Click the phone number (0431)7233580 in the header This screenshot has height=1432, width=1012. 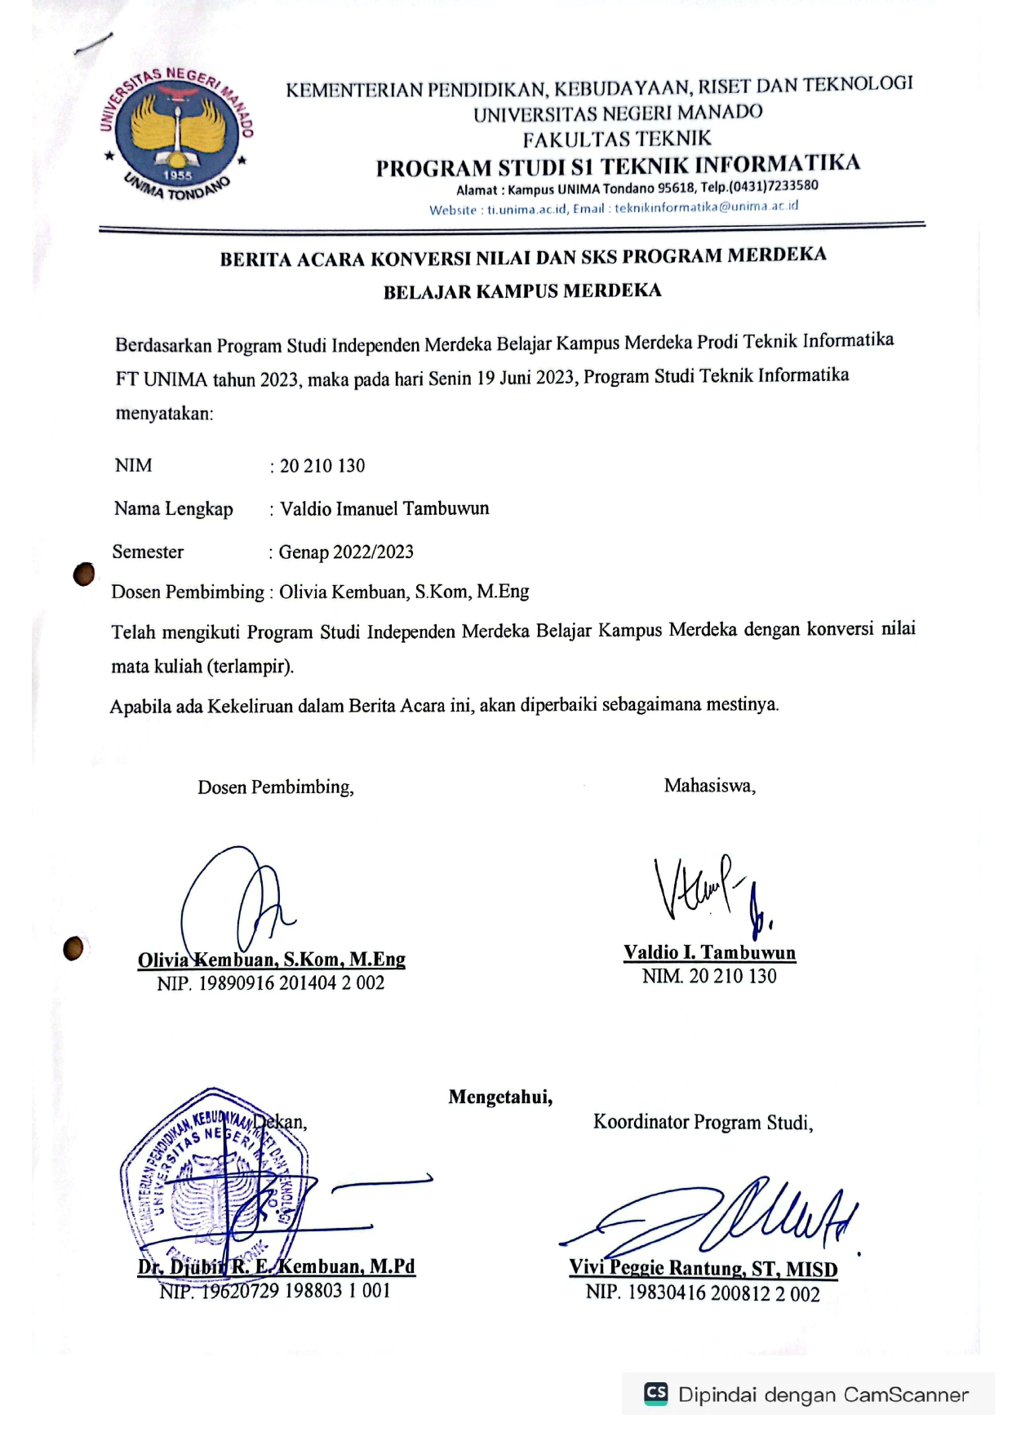coord(770,186)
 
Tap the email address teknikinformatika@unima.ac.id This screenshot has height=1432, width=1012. coord(706,207)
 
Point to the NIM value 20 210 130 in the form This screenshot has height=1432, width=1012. coord(322,466)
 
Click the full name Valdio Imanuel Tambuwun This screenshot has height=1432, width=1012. coord(384,509)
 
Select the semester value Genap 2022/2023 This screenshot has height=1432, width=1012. coord(346,552)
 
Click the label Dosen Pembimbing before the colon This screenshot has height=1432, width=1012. coord(187,592)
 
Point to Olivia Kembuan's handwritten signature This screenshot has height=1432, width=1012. coord(237,902)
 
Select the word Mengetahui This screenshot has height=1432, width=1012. coord(500,1097)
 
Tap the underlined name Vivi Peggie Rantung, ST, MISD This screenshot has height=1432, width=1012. coord(703,1269)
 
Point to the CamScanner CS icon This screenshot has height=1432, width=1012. coord(655,1393)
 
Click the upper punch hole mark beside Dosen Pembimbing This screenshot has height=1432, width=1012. coord(83,574)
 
